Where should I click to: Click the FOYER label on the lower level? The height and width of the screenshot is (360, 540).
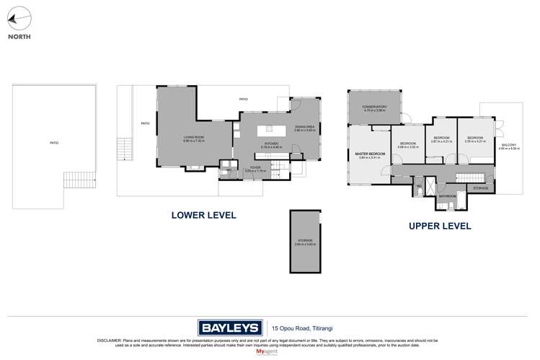[x=255, y=167]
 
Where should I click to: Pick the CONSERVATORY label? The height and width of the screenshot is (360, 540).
[x=375, y=107]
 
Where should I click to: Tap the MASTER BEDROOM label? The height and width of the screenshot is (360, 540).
[x=370, y=154]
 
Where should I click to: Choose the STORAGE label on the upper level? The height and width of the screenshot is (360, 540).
[x=481, y=188]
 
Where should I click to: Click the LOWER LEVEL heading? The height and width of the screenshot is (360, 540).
[x=203, y=215]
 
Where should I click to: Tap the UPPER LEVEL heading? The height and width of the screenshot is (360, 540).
[x=439, y=226]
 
